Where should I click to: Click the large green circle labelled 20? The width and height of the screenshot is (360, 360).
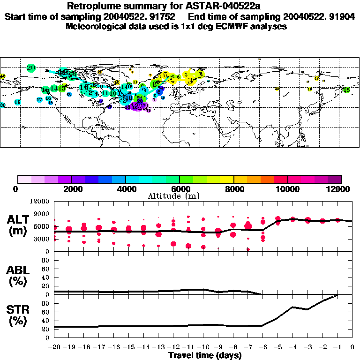pyautogui.click(x=31, y=68)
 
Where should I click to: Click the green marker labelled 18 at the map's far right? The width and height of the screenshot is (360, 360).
pyautogui.click(x=346, y=90)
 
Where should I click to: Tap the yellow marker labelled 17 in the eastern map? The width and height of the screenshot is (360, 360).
pyautogui.click(x=317, y=79)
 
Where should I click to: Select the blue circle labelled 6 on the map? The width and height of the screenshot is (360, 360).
pyautogui.click(x=159, y=92)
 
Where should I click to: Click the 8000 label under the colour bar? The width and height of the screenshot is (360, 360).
pyautogui.click(x=233, y=189)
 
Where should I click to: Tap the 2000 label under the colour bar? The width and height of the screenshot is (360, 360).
pyautogui.click(x=70, y=189)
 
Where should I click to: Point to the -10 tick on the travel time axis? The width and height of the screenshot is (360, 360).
pyautogui.click(x=203, y=347)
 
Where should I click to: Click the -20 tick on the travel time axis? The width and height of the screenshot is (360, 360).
pyautogui.click(x=54, y=347)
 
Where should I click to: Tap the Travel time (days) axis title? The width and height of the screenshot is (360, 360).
pyautogui.click(x=205, y=356)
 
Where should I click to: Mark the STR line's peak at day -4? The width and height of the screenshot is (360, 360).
pyautogui.click(x=292, y=307)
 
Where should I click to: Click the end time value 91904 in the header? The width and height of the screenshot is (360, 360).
pyautogui.click(x=343, y=16)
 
